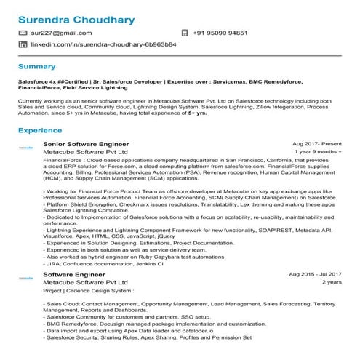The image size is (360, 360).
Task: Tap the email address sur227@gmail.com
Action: [61, 33]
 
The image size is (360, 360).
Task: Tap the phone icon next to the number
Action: [184, 33]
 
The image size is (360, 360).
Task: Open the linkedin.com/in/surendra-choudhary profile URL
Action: [103, 44]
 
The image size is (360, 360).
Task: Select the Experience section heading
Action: [40, 130]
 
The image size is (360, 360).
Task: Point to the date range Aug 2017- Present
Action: [316, 144]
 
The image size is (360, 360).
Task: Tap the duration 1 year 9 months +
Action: [319, 153]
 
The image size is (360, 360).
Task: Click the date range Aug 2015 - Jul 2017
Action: [315, 274]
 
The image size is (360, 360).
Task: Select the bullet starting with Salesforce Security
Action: [148, 338]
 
